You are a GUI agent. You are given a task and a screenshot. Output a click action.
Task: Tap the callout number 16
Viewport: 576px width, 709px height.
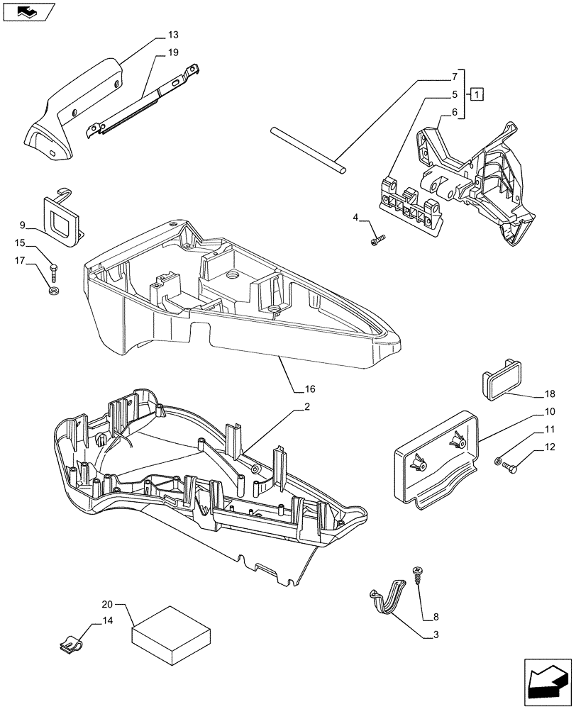click(310, 389)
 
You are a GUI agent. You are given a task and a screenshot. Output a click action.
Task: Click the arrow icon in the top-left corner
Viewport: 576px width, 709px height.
click(28, 11)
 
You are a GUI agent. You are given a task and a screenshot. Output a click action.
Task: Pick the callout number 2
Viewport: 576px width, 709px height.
click(306, 407)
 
